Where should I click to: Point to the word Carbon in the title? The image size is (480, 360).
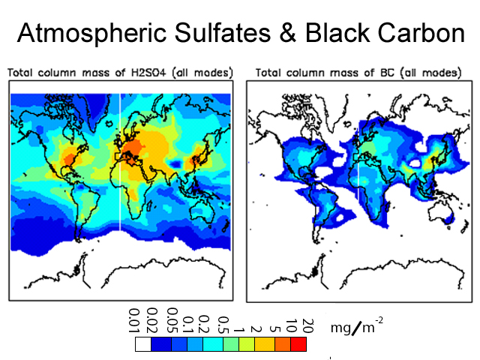pos(419,34)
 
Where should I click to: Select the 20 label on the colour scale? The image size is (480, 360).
pos(306,327)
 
